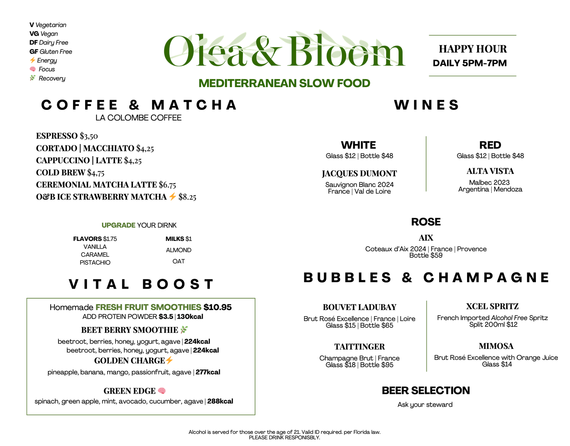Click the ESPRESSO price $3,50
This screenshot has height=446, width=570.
(x=89, y=136)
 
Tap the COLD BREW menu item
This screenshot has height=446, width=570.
(x=61, y=173)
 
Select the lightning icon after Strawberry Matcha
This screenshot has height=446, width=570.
(x=172, y=197)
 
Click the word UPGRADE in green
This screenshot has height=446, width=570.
(x=118, y=225)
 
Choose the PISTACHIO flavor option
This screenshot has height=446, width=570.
(x=95, y=263)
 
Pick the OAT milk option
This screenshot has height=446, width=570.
(x=178, y=262)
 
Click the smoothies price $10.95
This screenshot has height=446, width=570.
(x=217, y=307)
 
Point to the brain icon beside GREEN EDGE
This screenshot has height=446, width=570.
(x=162, y=391)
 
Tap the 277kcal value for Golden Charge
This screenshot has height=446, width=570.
(x=208, y=372)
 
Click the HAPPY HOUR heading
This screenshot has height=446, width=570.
(x=473, y=49)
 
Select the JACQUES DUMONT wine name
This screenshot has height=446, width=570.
(x=359, y=174)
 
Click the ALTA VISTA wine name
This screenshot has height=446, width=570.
(x=490, y=171)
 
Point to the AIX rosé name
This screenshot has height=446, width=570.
(x=426, y=238)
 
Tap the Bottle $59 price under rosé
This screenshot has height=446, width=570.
(x=426, y=255)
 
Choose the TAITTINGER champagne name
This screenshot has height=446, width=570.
(x=359, y=347)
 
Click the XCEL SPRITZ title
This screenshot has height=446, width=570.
(x=492, y=306)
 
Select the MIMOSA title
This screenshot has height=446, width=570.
(x=496, y=346)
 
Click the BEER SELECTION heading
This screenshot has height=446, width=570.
(x=426, y=391)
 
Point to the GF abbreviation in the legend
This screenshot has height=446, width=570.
(x=34, y=52)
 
